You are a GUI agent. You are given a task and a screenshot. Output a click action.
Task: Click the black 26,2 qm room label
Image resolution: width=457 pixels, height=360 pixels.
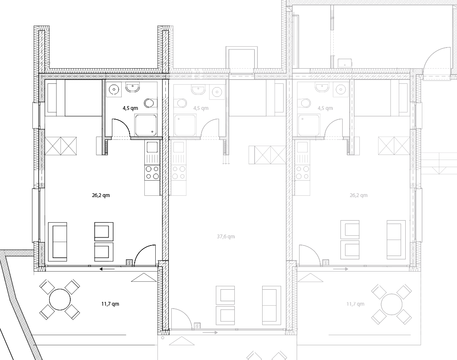[x=101, y=195]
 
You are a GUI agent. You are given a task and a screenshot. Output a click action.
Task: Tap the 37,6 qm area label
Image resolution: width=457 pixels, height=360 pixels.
[x=226, y=237]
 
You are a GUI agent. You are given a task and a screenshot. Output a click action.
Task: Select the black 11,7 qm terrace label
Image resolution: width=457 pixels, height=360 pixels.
[x=110, y=304]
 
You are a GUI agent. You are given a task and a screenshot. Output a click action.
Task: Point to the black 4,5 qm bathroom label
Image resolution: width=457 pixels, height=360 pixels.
[x=130, y=108]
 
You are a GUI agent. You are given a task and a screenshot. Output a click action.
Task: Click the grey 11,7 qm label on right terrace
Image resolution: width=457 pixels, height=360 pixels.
[x=355, y=304]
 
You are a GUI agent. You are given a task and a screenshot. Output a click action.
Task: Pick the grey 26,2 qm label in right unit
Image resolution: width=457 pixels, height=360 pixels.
[x=359, y=195]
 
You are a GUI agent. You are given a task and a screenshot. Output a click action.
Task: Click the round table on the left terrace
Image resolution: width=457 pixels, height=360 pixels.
[x=60, y=300]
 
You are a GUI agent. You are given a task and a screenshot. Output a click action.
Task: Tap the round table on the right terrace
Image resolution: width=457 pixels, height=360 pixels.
[x=391, y=304]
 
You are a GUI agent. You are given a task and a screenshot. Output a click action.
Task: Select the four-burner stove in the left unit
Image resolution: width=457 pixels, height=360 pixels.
[x=152, y=172]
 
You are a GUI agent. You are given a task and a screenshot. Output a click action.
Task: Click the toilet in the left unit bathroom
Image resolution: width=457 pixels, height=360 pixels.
[x=151, y=103]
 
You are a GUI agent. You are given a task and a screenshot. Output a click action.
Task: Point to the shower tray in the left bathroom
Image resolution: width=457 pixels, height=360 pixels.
[x=146, y=125]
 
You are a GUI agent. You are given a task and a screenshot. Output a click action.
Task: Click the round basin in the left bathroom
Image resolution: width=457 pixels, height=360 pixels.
[x=114, y=89]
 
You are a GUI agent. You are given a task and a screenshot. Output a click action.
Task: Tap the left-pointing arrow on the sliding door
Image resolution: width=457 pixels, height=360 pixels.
[x=107, y=269]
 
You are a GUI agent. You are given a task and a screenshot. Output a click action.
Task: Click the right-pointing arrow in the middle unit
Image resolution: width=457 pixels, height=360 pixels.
[x=210, y=332]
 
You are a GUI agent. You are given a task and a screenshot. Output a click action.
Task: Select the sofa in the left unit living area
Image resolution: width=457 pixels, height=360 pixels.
[x=59, y=242]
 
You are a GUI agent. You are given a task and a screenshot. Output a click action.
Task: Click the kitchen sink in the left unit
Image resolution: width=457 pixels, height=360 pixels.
[x=152, y=147]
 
